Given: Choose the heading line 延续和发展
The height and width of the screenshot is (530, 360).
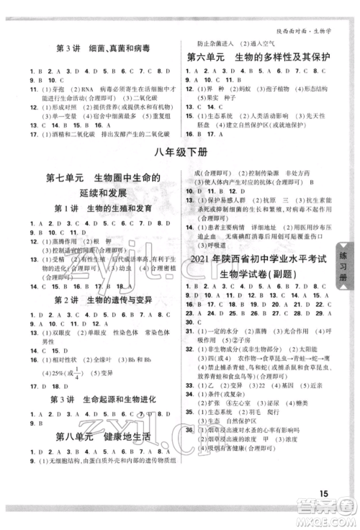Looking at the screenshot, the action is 99,214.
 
